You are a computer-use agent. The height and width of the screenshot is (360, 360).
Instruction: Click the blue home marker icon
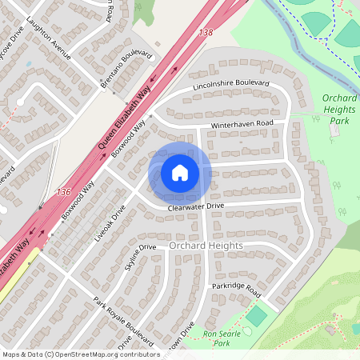(x=180, y=172)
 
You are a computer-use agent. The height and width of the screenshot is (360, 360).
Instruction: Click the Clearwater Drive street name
(x=196, y=206)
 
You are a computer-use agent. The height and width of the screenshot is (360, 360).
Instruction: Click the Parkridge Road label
(x=237, y=286)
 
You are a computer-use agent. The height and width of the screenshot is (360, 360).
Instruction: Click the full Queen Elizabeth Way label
(x=125, y=120)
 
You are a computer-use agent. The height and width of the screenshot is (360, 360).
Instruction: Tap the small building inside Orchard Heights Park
(x=333, y=130)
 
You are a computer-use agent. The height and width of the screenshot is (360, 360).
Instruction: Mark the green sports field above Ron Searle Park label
(x=256, y=315)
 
